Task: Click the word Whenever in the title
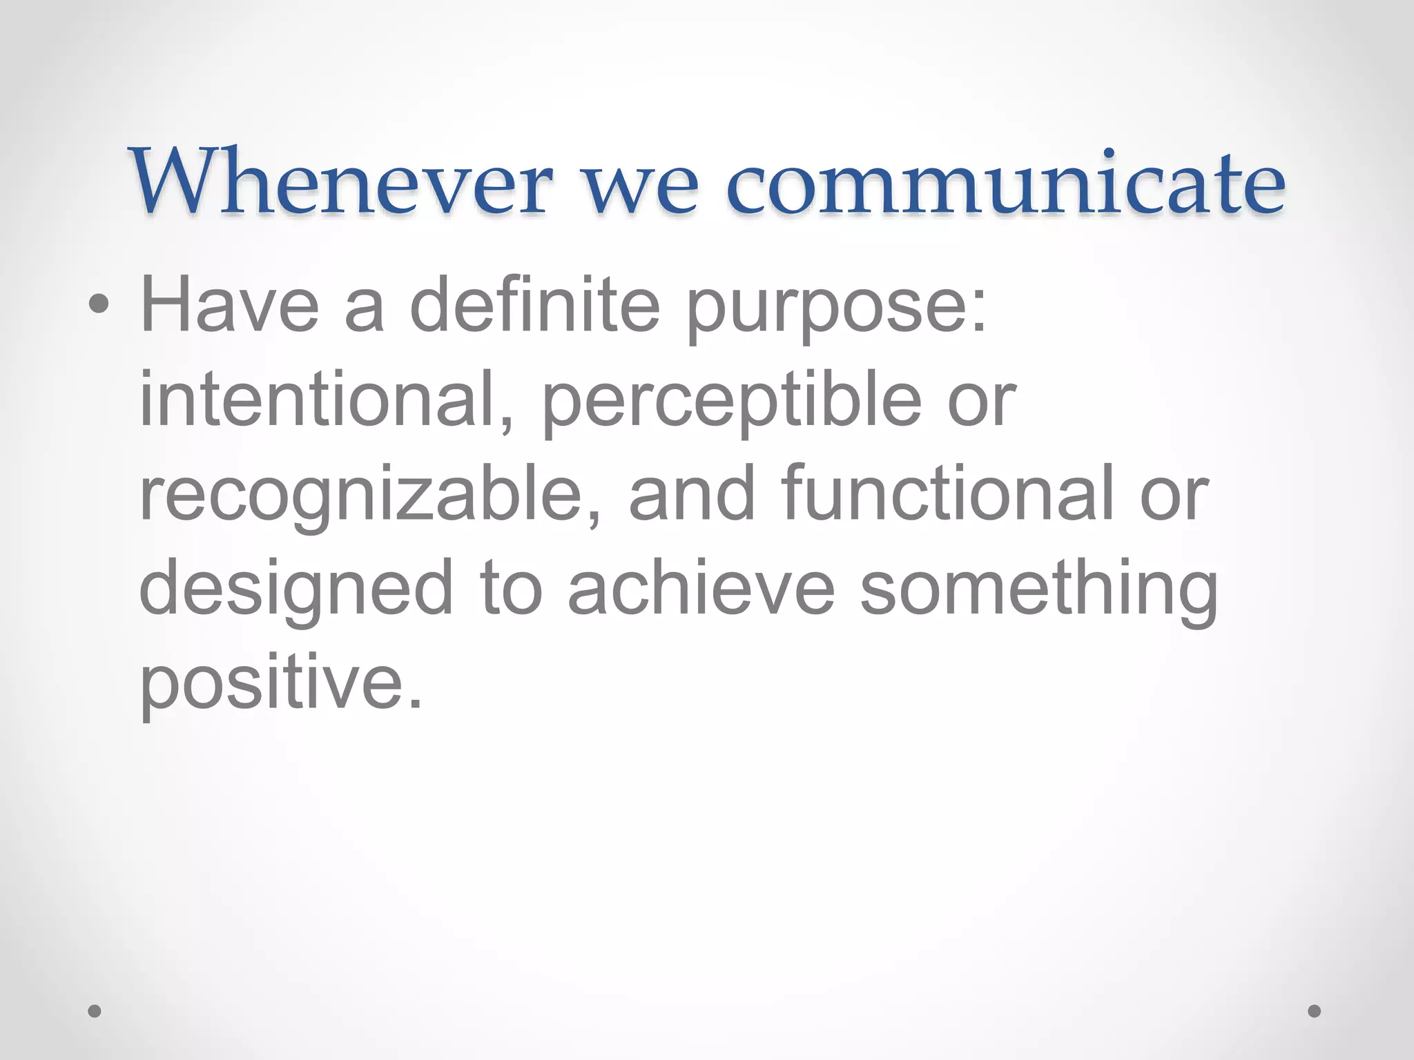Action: click(x=342, y=182)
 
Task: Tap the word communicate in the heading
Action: click(x=1006, y=184)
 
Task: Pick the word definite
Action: click(x=534, y=304)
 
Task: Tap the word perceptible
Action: click(x=732, y=404)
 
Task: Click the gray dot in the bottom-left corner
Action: click(x=95, y=1011)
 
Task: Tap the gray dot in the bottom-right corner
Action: click(x=1315, y=1011)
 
